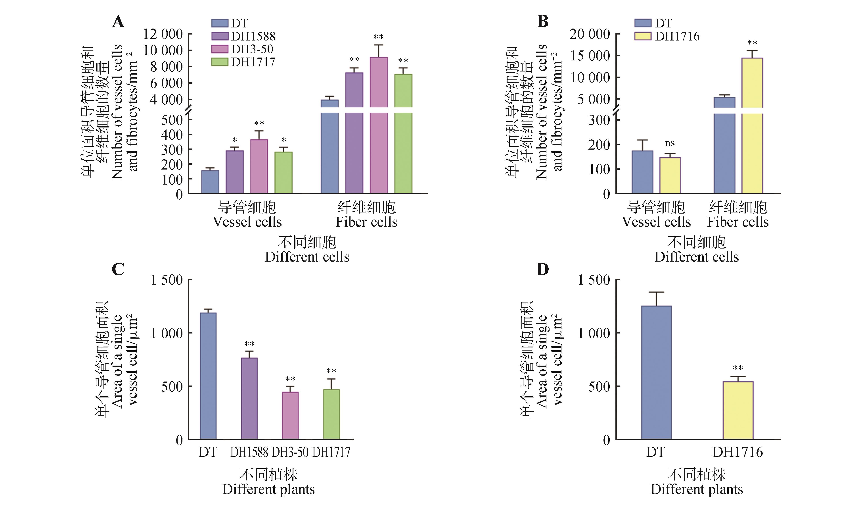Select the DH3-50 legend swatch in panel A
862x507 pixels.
[220, 49]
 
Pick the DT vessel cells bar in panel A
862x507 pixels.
[210, 182]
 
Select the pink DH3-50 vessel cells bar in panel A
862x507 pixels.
[259, 166]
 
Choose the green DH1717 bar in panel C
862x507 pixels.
[331, 414]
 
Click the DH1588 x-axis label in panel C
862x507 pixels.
[249, 452]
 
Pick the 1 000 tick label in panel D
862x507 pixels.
[594, 333]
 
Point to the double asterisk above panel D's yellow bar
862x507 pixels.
[738, 368]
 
